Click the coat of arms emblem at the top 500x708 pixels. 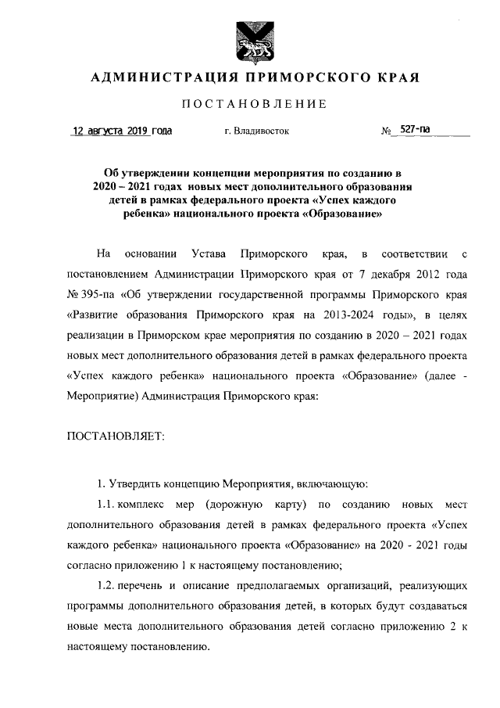pos(249,40)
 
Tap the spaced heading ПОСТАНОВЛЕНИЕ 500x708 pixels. pos(249,104)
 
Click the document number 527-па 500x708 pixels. pos(415,130)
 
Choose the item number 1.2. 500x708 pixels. pos(106,585)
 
